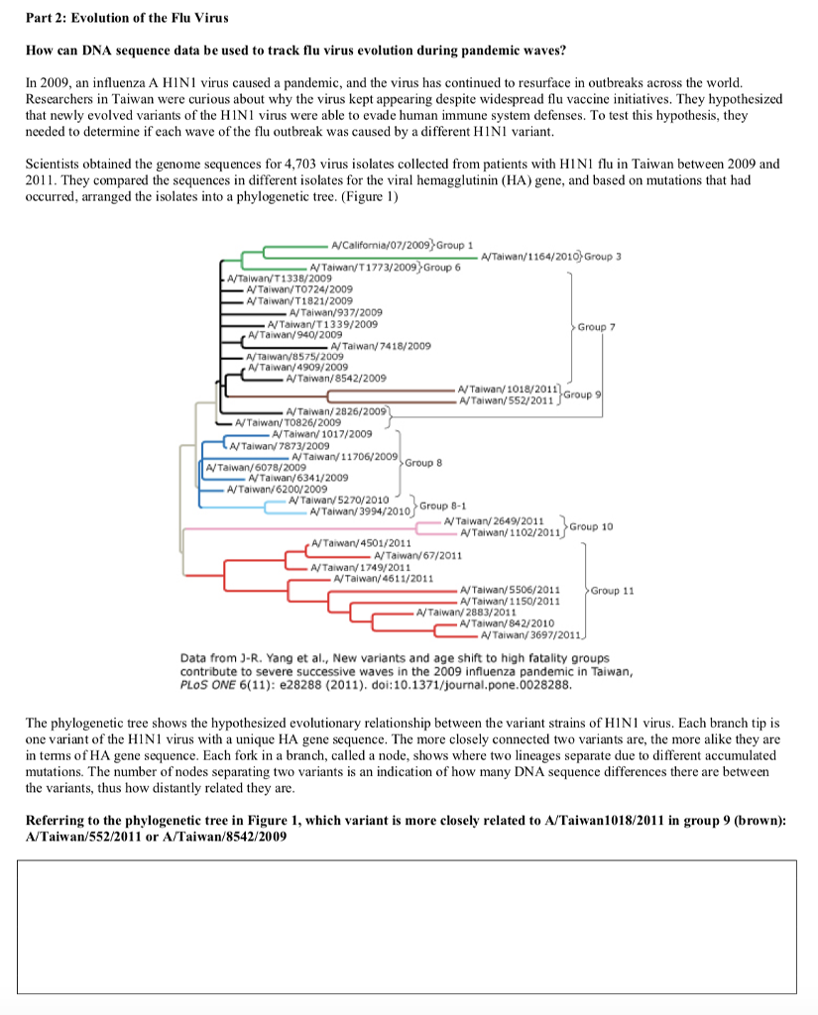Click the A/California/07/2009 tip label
(382, 245)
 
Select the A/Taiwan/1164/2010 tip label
(530, 257)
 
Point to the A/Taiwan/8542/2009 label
(335, 378)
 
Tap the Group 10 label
(592, 526)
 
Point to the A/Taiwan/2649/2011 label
(494, 521)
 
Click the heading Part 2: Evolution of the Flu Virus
(115, 18)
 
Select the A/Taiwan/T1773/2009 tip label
(364, 268)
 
